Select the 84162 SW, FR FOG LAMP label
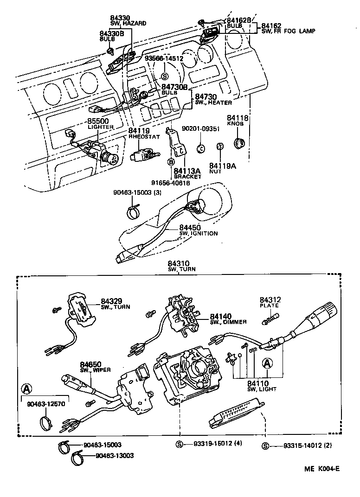288,28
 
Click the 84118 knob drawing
240,145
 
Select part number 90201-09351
200,129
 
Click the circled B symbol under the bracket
171,161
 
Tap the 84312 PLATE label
270,303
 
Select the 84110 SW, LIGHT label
262,386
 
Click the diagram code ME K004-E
322,468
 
